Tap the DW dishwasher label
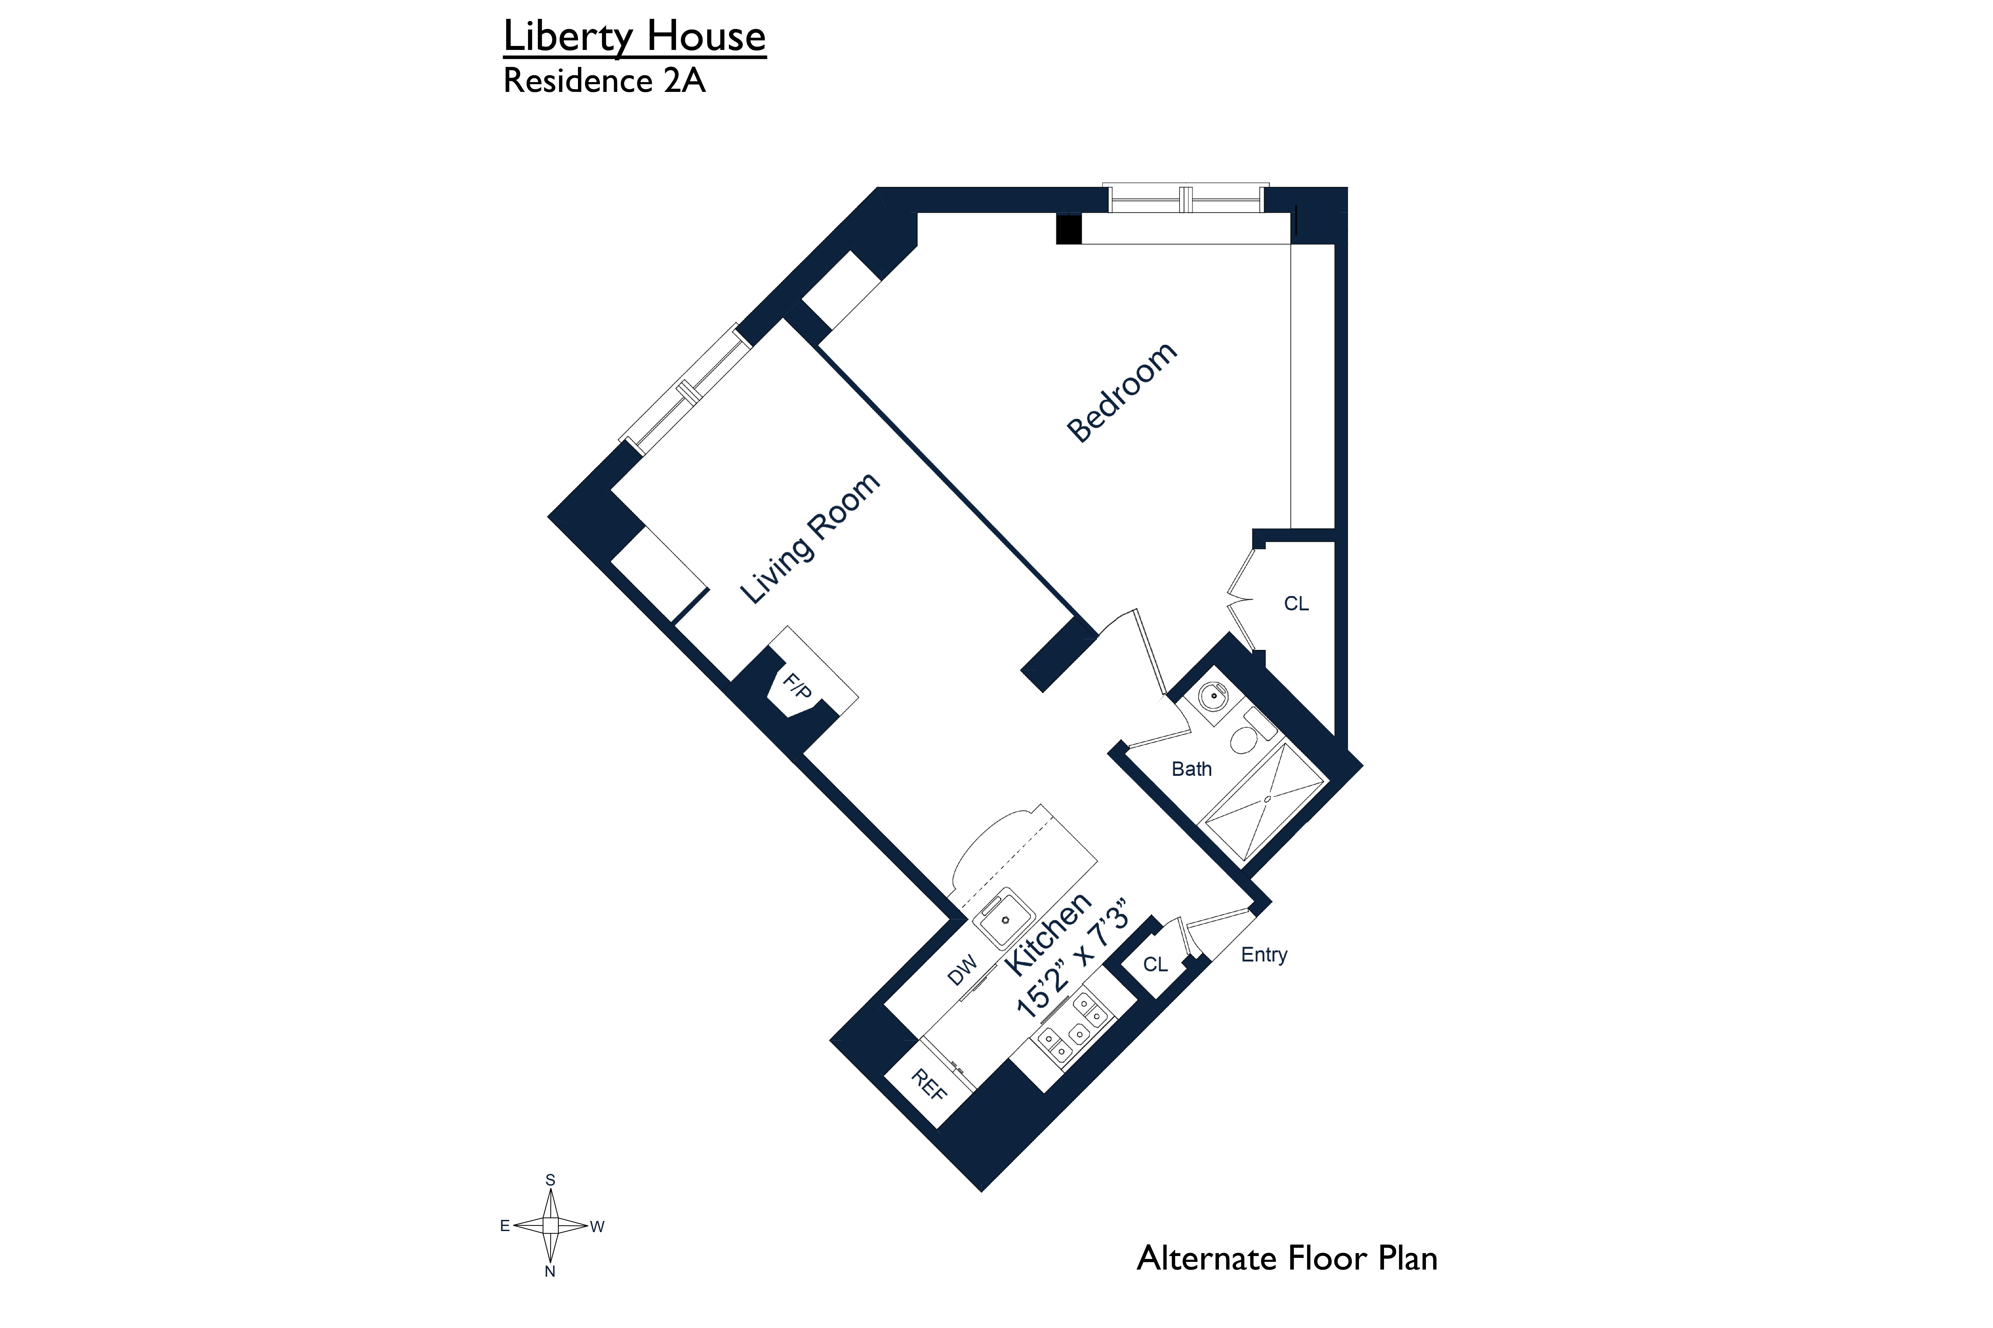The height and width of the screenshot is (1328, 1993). click(x=962, y=971)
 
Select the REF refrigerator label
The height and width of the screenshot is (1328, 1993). click(x=928, y=1085)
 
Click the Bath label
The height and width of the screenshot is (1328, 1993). click(x=1191, y=769)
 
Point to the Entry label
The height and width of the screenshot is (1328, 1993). click(x=1263, y=955)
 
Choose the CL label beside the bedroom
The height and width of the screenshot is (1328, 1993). click(x=1296, y=604)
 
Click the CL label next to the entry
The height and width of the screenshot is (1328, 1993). click(x=1155, y=964)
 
